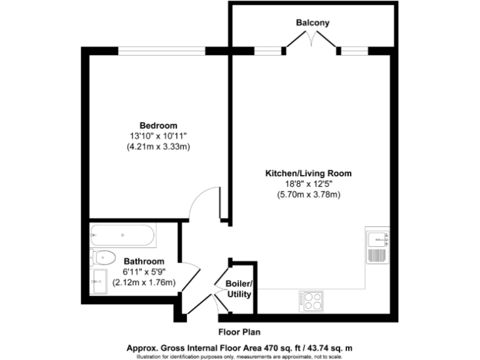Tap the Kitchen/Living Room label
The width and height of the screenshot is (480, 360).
(309, 172)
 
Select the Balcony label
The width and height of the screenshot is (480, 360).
(312, 22)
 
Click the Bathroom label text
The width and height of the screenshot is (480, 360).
(144, 261)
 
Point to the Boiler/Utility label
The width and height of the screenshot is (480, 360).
(238, 289)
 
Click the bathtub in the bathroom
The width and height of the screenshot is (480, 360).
(122, 235)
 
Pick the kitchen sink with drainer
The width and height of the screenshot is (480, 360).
(377, 245)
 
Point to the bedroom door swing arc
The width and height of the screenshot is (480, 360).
(203, 203)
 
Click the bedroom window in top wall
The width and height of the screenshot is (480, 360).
(162, 51)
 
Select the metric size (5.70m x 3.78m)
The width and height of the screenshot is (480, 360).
(309, 194)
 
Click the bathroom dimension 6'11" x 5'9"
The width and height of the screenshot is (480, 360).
(144, 272)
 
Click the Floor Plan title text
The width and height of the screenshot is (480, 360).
(240, 332)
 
